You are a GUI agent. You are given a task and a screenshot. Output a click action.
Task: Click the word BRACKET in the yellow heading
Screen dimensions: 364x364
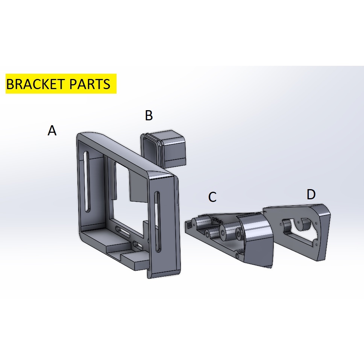click(34, 84)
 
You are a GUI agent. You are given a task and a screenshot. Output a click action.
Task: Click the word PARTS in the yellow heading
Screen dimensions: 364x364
click(90, 84)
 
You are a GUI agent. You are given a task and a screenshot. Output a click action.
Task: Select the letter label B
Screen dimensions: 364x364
click(149, 115)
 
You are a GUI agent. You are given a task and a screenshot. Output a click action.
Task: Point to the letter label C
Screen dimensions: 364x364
click(212, 197)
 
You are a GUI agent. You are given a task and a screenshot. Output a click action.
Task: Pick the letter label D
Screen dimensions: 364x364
click(311, 194)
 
